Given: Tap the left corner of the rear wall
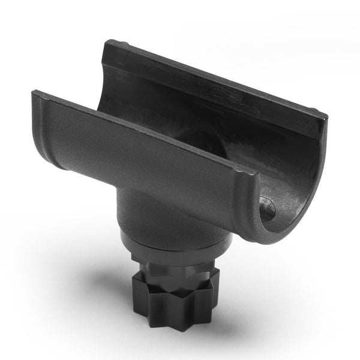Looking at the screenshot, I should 108,43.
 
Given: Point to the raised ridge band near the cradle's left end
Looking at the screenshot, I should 48,120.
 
